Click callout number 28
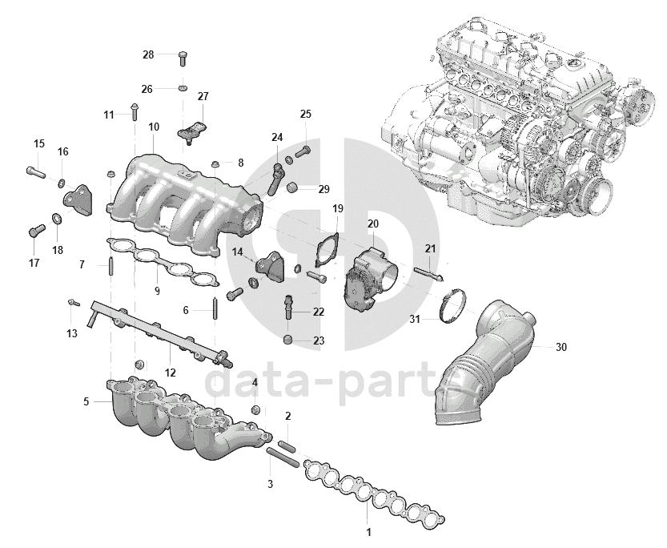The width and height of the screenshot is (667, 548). coord(148,54)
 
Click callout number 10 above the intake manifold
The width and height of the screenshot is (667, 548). coord(154,127)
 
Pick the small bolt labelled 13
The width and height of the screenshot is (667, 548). coord(72,303)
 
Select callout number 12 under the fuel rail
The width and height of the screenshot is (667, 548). coord(170,373)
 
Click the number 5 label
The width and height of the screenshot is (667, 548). coord(86,401)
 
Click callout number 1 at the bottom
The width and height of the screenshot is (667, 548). coord(368,531)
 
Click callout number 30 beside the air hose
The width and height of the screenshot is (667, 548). coord(561,347)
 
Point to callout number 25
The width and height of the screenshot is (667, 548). coord(305,115)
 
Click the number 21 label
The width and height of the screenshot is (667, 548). coord(430,248)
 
